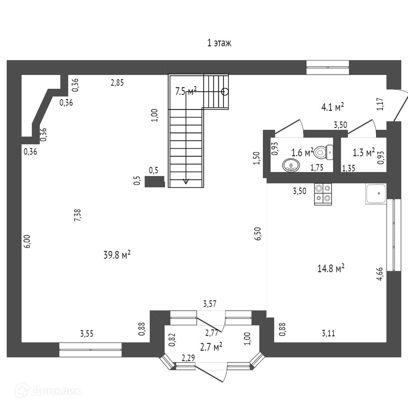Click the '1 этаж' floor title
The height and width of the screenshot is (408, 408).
tap(219, 43)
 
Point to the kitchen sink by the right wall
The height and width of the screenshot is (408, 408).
tap(375, 194)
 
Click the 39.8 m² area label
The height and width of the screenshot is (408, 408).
tap(117, 255)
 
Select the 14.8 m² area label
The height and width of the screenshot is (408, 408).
tap(331, 269)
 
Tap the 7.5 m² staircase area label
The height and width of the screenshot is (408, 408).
tap(186, 91)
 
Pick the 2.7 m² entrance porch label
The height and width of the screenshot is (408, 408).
tap(212, 347)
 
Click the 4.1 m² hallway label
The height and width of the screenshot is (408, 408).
tap(332, 107)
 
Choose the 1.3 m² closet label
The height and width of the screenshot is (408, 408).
tap(364, 152)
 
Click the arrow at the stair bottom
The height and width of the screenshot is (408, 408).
tap(186, 181)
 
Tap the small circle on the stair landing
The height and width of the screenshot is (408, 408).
tap(225, 92)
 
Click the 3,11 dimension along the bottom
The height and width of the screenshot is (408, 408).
tap(329, 333)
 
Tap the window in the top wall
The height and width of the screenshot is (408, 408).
tap(328, 67)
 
